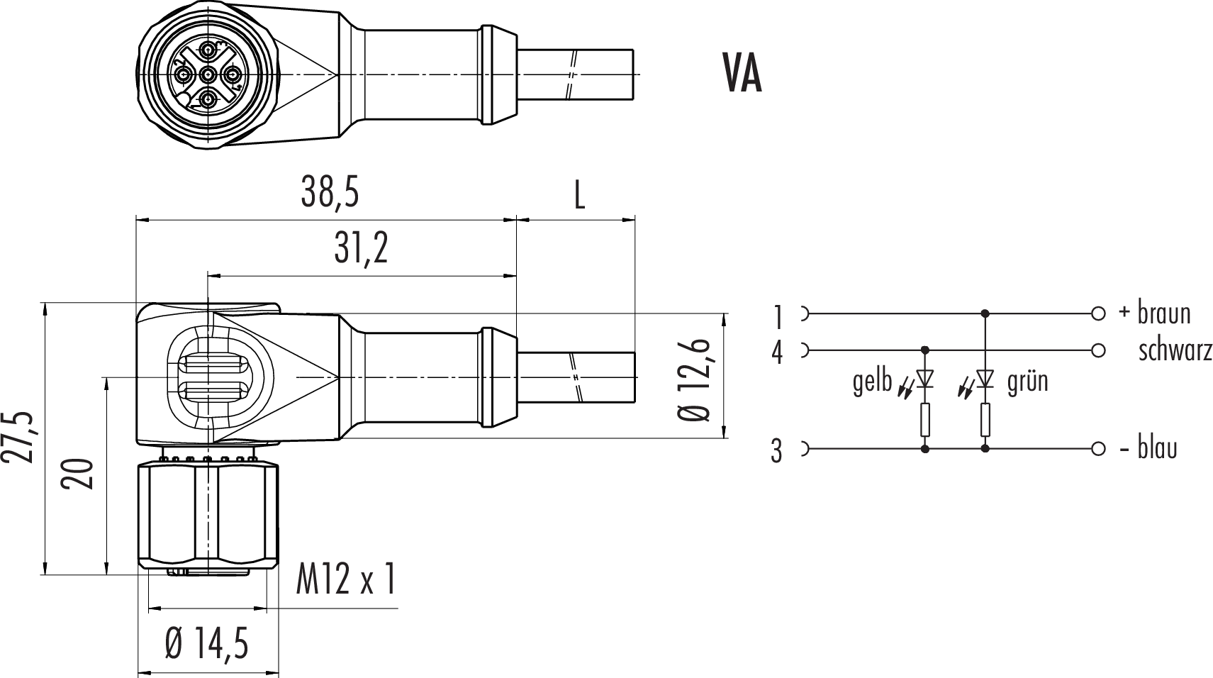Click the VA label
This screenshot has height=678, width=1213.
point(742,74)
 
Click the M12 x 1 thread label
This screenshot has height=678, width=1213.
point(345,580)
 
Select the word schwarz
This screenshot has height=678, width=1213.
point(1175,351)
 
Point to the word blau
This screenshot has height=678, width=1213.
point(1157,449)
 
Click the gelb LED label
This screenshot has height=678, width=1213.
point(872,382)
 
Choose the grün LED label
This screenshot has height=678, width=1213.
point(1027,382)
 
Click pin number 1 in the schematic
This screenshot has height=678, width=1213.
point(778,316)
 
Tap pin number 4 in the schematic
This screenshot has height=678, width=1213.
point(778,353)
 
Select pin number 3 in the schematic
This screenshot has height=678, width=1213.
point(777,451)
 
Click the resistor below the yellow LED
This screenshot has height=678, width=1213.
point(924,419)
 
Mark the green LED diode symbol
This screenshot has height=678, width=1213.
point(985,379)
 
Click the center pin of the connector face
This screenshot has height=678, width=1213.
point(208,74)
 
